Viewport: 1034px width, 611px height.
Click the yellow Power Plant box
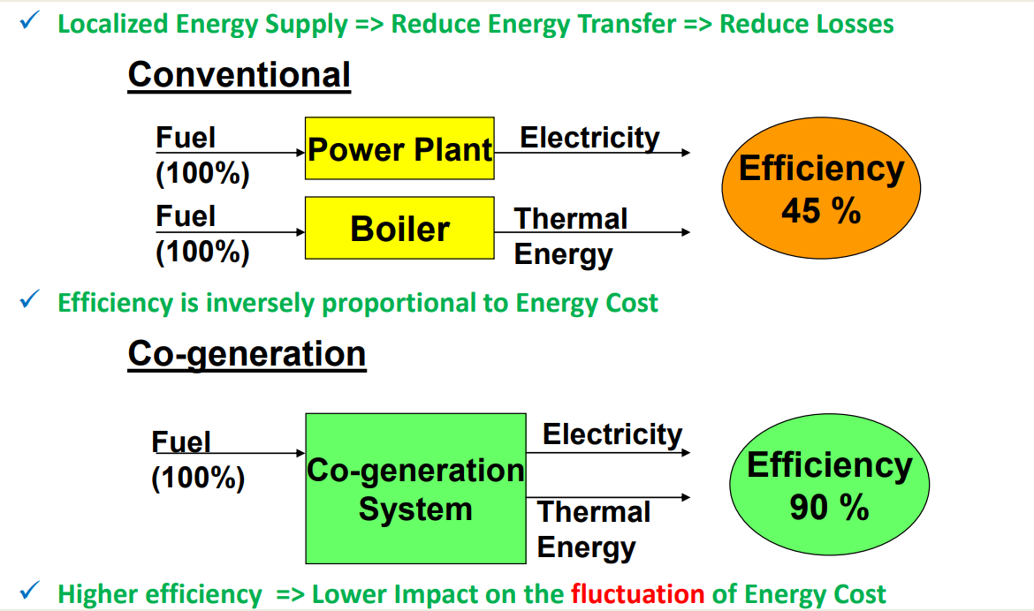tap(399, 148)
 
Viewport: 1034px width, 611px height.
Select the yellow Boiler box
tap(399, 228)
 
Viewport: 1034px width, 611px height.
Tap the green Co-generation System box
tap(416, 488)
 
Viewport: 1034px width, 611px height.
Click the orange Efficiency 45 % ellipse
tap(821, 188)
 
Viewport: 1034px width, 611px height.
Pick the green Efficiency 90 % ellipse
tap(829, 485)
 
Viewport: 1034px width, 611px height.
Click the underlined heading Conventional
tap(239, 74)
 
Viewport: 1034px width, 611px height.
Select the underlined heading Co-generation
tap(247, 354)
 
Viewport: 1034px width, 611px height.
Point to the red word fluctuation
tap(638, 594)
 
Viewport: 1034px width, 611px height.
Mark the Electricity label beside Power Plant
tap(589, 138)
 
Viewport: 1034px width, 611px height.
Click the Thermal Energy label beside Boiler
tap(570, 237)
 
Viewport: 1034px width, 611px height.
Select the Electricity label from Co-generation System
tap(612, 434)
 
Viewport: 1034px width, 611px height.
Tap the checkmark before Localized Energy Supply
tap(30, 20)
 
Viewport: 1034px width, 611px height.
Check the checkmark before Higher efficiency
tap(30, 590)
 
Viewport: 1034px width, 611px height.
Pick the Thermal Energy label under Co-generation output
tap(594, 530)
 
